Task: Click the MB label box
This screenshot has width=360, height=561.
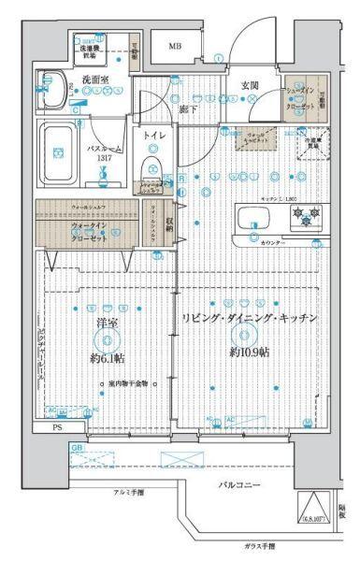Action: [175, 46]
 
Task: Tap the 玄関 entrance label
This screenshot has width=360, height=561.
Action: [250, 85]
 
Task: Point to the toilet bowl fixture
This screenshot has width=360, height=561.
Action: [151, 168]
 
